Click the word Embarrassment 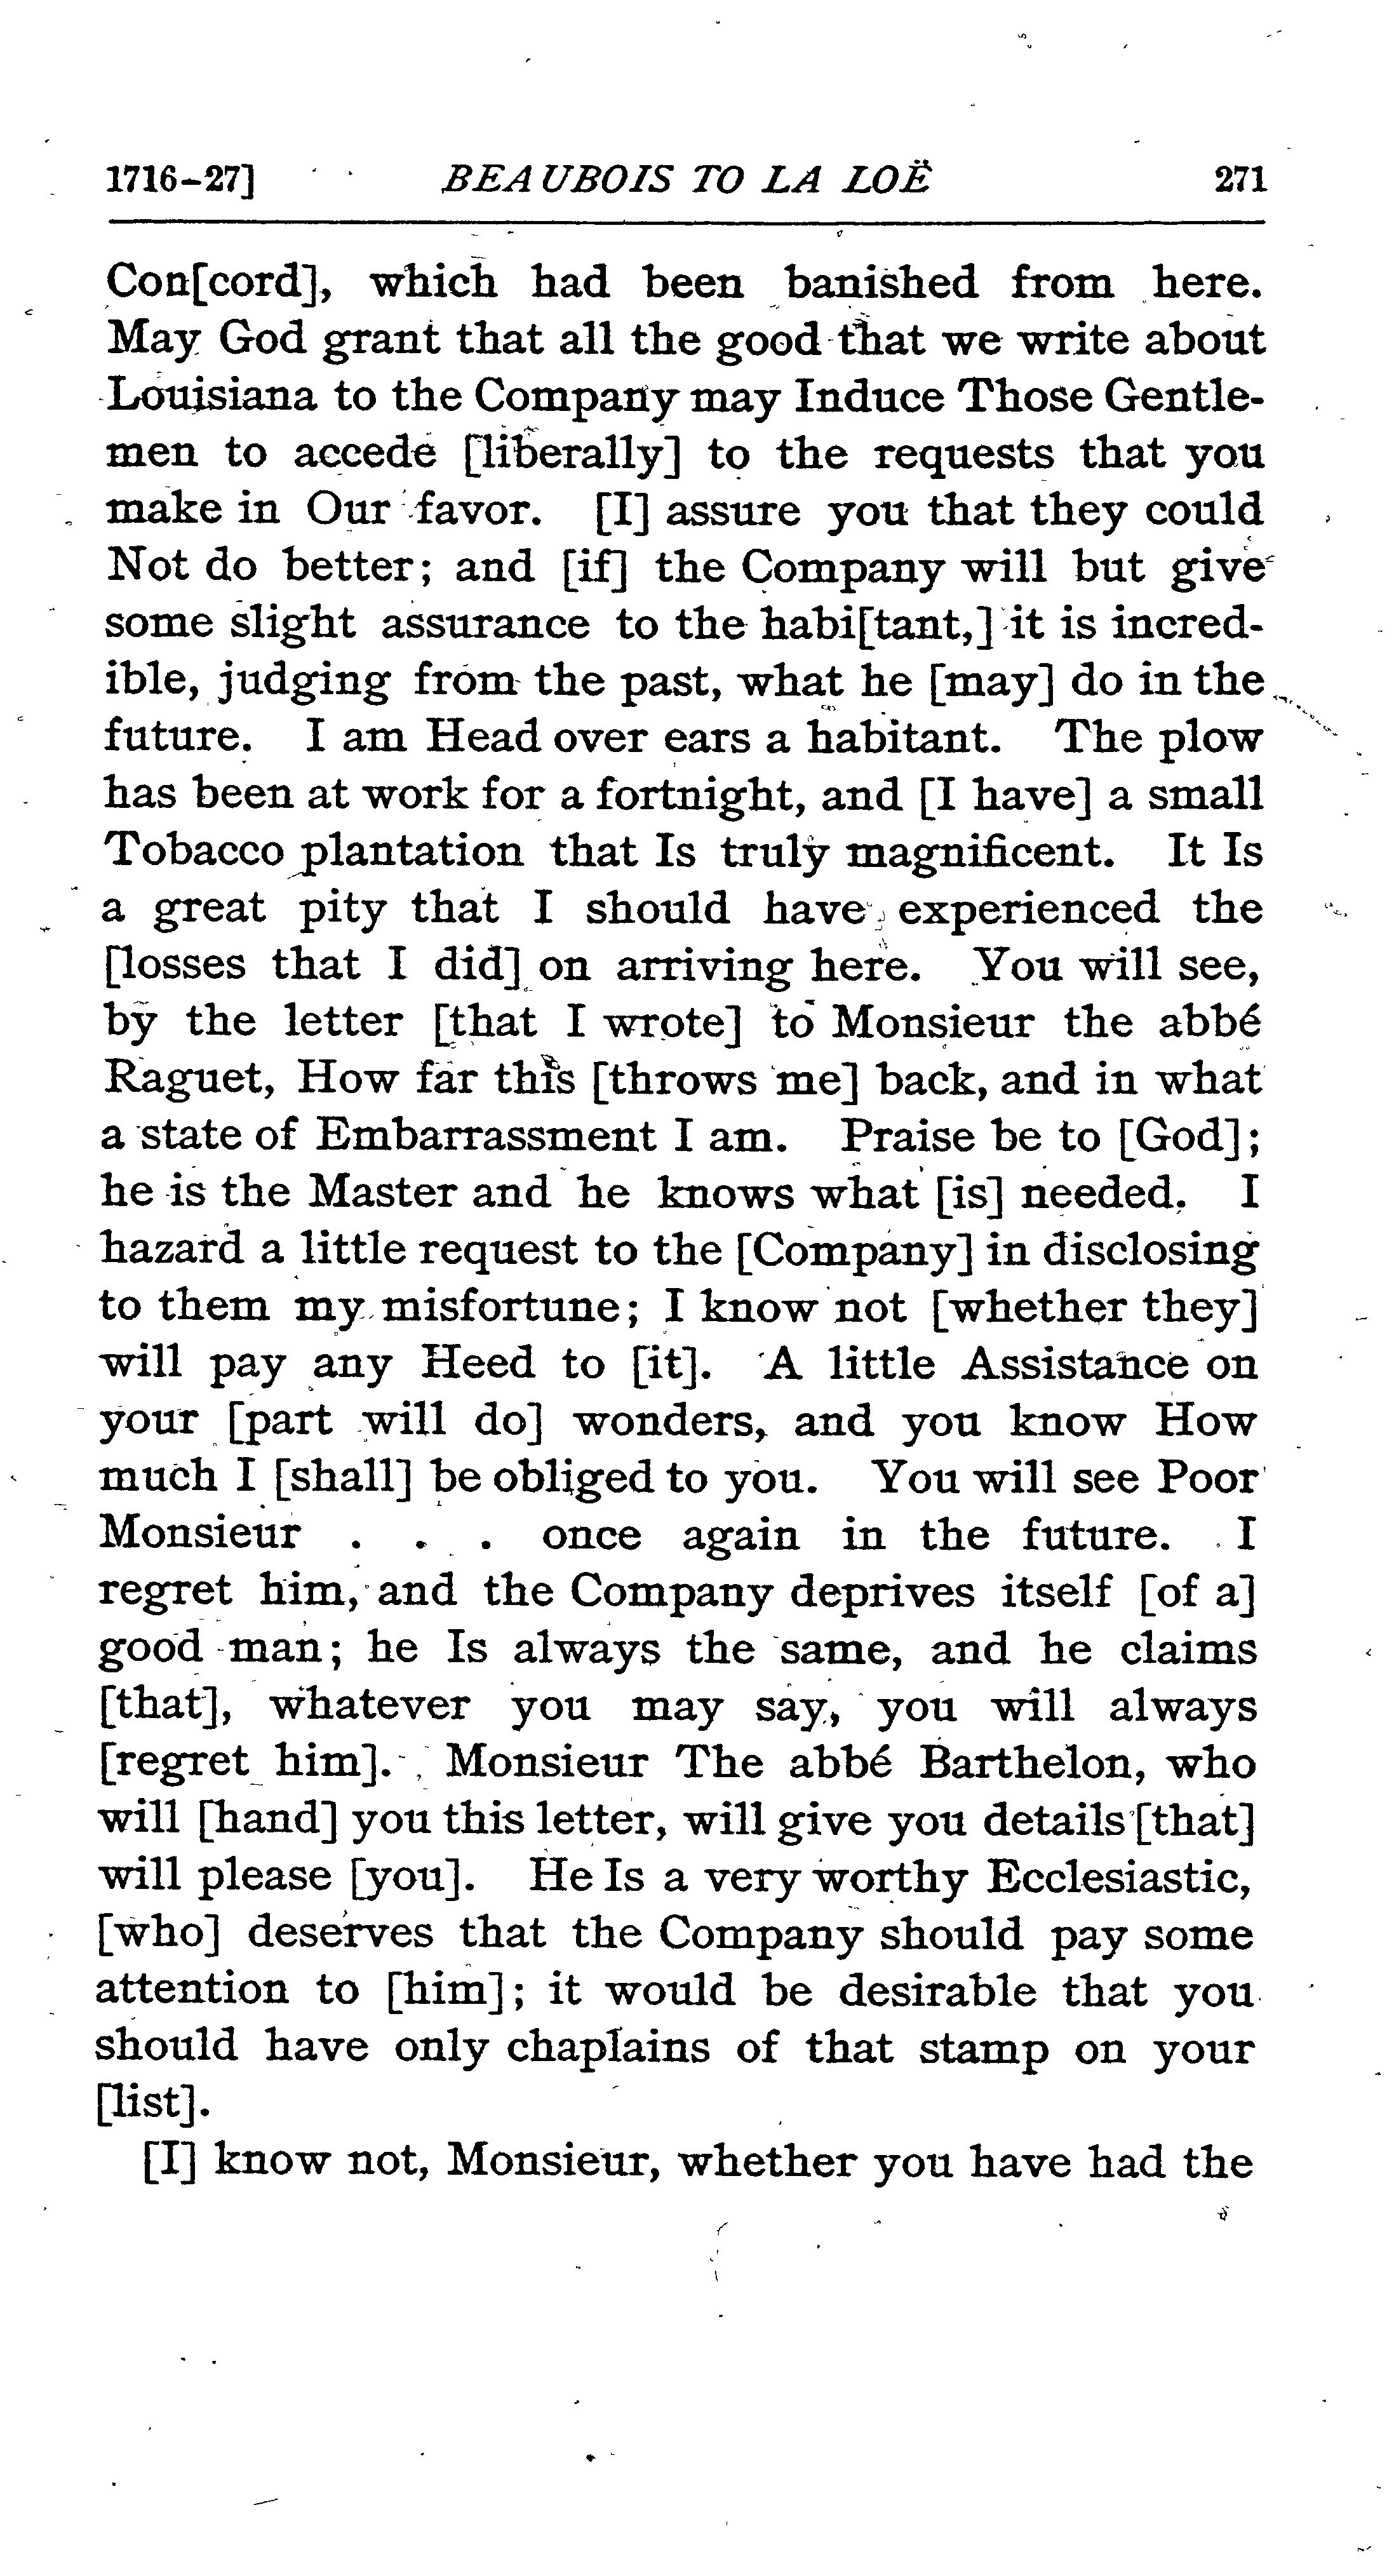(x=485, y=1136)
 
